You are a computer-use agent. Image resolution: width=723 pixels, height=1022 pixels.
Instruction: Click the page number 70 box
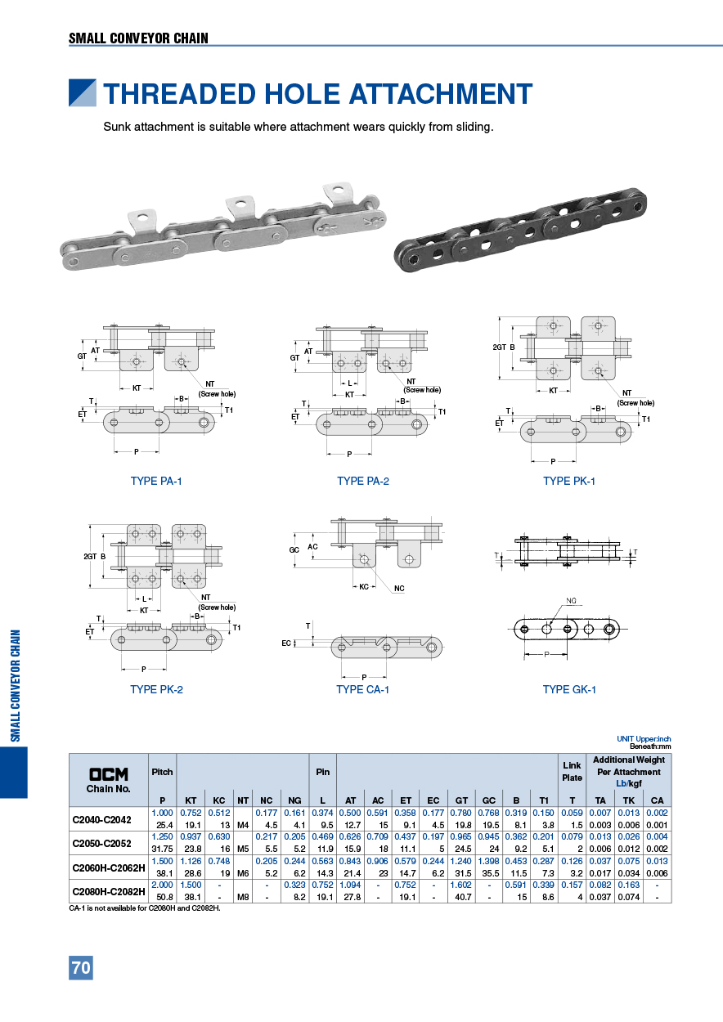click(81, 968)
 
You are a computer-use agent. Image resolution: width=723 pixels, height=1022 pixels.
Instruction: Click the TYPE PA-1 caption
click(156, 481)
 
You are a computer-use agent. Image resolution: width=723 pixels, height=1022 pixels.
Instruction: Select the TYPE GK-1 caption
click(569, 689)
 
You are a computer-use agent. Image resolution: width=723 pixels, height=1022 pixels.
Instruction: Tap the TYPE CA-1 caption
click(362, 689)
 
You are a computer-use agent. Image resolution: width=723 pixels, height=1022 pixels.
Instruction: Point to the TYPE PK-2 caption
click(156, 689)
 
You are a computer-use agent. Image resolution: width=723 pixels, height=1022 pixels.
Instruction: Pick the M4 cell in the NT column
click(243, 825)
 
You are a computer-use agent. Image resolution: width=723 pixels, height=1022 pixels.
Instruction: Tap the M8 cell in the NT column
click(243, 897)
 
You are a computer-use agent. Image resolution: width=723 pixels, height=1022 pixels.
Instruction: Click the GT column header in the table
click(461, 800)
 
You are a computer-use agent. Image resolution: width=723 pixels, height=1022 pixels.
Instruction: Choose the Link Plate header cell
click(572, 772)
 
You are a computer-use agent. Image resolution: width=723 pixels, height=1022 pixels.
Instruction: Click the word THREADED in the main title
click(179, 94)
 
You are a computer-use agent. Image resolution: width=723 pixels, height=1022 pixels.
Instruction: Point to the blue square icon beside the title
click(82, 93)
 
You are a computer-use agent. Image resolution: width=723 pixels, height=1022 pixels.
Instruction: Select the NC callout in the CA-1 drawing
click(399, 588)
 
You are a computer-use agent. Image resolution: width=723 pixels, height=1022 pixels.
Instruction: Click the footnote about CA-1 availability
click(145, 908)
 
